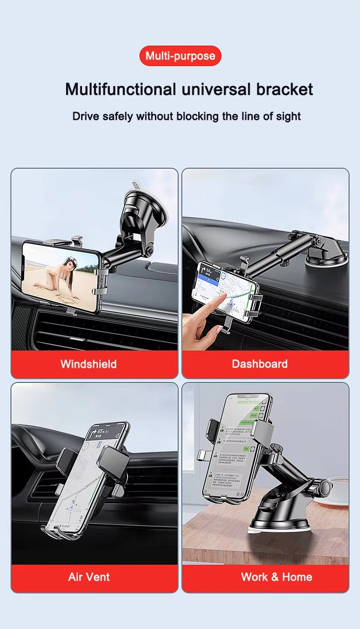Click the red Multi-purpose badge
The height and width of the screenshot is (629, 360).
point(180,56)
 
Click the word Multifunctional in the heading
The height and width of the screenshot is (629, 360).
point(120,89)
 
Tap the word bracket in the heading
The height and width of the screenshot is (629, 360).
point(284,89)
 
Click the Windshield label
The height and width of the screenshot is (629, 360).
point(88,364)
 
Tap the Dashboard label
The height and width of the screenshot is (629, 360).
point(259,364)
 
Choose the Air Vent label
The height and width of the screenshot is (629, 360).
point(89,577)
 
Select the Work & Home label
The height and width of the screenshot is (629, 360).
point(277,577)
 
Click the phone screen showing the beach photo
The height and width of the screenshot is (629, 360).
point(61,277)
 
